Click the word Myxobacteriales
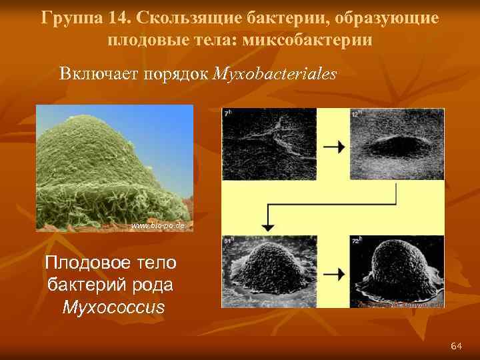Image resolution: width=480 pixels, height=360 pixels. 274,73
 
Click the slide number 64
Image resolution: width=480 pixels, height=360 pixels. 457,345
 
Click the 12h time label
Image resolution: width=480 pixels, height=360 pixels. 357,114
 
